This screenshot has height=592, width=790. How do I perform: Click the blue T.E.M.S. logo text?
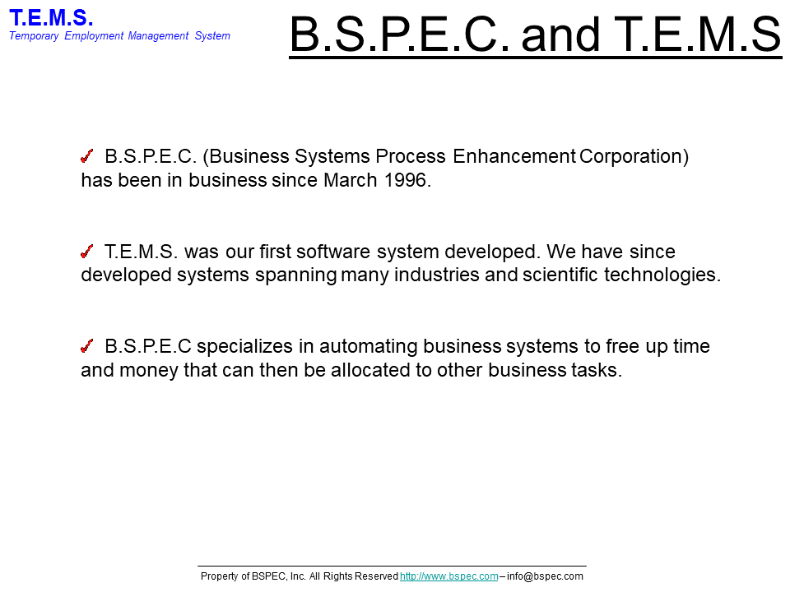click(51, 18)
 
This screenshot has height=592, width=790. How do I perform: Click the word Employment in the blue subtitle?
click(94, 36)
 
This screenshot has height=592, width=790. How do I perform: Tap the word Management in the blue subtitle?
click(158, 35)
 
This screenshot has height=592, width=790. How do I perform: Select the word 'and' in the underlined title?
click(560, 35)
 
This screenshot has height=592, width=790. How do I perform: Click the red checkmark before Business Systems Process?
click(87, 156)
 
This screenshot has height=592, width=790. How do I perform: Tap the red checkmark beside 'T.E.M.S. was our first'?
click(87, 251)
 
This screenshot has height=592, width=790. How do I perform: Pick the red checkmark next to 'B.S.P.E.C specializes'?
click(87, 346)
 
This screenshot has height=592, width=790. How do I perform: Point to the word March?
click(351, 180)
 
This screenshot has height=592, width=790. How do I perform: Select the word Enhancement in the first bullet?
click(513, 156)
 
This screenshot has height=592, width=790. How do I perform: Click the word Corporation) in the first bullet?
click(634, 156)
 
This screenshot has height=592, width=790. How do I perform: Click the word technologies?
click(662, 275)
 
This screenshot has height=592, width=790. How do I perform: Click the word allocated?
click(370, 369)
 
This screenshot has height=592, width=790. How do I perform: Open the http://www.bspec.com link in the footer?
click(449, 576)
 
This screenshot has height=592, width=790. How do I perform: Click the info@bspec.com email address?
click(545, 576)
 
